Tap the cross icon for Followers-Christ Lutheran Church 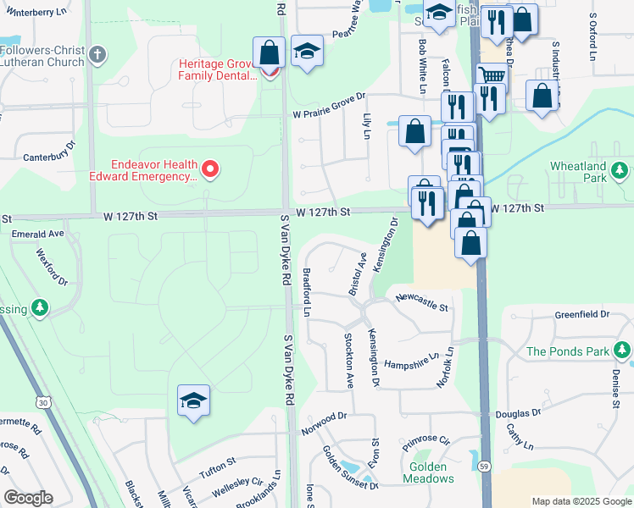[x=98, y=56]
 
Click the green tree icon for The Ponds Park [x=622, y=350]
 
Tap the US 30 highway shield [x=41, y=400]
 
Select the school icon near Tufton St [x=193, y=400]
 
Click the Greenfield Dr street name [x=582, y=314]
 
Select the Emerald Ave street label [x=38, y=233]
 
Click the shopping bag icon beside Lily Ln [x=414, y=132]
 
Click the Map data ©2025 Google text [x=581, y=501]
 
